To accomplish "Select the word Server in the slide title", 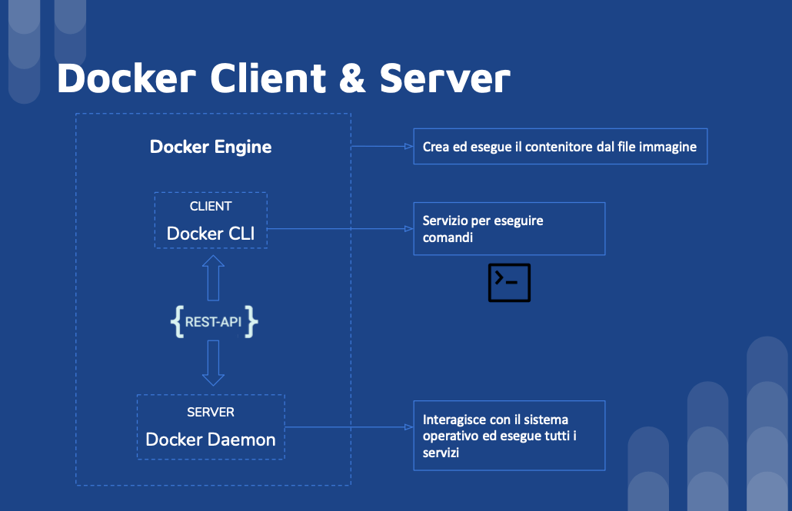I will [x=445, y=78].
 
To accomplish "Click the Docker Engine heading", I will [x=211, y=147].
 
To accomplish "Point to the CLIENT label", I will [x=211, y=206].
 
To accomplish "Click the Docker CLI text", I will [x=211, y=233].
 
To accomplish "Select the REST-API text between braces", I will [x=213, y=323].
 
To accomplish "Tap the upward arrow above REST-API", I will [x=213, y=277].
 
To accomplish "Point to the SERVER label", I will [x=211, y=413].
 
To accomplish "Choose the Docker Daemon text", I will [x=211, y=440].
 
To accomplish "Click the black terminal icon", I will [x=509, y=282].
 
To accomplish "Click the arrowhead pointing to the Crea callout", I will [x=408, y=146].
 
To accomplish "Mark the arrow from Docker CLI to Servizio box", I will [x=338, y=228].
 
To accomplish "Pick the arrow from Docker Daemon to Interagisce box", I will [x=346, y=426].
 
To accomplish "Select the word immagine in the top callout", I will [x=671, y=147].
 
